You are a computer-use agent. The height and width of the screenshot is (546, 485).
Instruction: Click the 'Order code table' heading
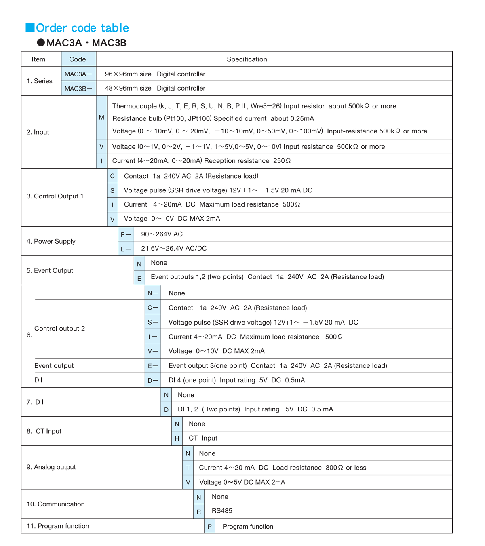tap(82, 28)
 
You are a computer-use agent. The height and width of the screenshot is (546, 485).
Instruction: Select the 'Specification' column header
tap(247, 59)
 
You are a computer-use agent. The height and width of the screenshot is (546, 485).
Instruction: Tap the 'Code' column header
tap(77, 59)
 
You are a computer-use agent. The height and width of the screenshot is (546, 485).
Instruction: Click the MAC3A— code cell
tap(78, 74)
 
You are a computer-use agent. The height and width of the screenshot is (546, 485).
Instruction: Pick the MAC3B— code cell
tap(78, 89)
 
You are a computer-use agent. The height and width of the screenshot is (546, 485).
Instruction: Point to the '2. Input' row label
tap(38, 132)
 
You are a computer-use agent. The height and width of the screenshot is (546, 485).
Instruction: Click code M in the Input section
tap(101, 117)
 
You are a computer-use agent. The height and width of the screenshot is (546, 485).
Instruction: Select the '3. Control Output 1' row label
tap(55, 196)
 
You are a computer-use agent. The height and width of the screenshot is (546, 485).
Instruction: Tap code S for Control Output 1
tap(112, 190)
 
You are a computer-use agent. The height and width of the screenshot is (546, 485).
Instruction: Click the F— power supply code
tap(126, 234)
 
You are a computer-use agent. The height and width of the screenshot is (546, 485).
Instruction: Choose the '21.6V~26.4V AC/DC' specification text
tap(174, 248)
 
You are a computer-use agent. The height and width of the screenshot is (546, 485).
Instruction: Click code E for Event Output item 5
tap(139, 278)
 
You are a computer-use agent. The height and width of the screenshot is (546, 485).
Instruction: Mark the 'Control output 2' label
tap(60, 329)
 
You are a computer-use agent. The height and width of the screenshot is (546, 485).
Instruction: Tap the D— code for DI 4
tap(153, 380)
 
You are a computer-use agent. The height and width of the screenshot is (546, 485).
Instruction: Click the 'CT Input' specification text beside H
tap(203, 438)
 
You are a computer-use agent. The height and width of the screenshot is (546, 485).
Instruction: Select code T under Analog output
tap(188, 468)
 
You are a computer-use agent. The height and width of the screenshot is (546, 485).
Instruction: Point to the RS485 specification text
tap(222, 511)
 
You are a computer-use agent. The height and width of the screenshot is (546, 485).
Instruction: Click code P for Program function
tap(209, 527)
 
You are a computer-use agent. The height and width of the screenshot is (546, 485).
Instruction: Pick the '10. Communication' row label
tap(56, 504)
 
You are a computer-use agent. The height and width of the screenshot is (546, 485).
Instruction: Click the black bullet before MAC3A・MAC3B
tap(41, 42)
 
